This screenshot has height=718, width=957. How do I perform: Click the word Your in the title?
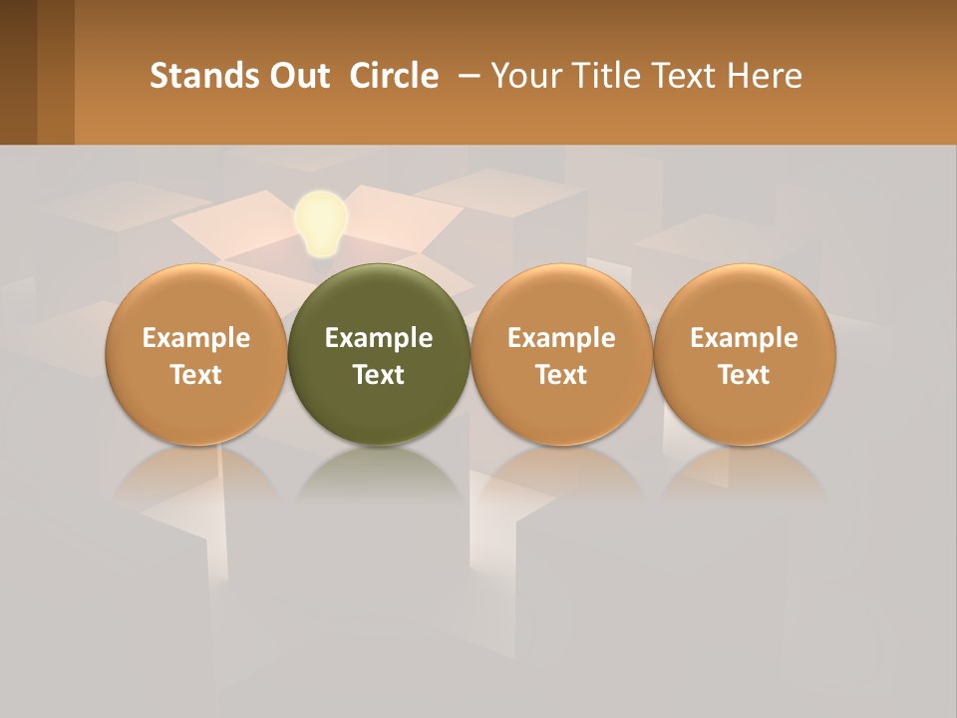point(521,76)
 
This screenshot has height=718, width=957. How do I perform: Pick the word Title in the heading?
point(597,76)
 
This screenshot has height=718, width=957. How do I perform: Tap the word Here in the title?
point(764,76)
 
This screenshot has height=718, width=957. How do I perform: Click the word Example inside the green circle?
point(379,338)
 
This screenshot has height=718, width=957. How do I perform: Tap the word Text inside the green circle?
point(379,375)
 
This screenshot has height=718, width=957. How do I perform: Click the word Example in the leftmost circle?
point(195,338)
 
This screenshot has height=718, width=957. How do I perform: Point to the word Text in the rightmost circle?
point(744,375)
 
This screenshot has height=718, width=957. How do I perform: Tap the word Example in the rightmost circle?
point(744,338)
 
